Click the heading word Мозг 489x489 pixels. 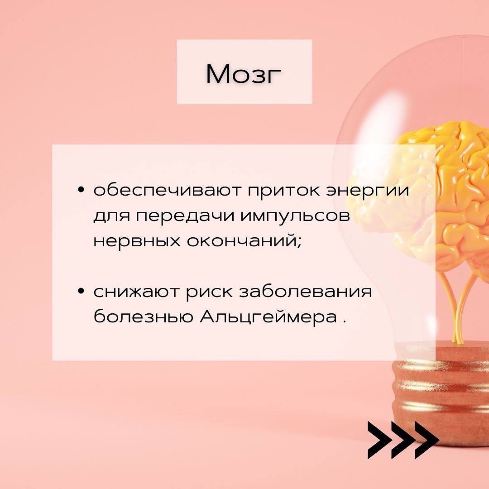point(244,74)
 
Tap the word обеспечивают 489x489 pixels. point(168,190)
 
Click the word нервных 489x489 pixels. point(137,241)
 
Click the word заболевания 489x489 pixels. point(306,291)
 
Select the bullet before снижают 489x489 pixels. point(81,291)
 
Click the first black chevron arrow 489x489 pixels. point(379,440)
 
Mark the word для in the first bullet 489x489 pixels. point(112,216)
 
